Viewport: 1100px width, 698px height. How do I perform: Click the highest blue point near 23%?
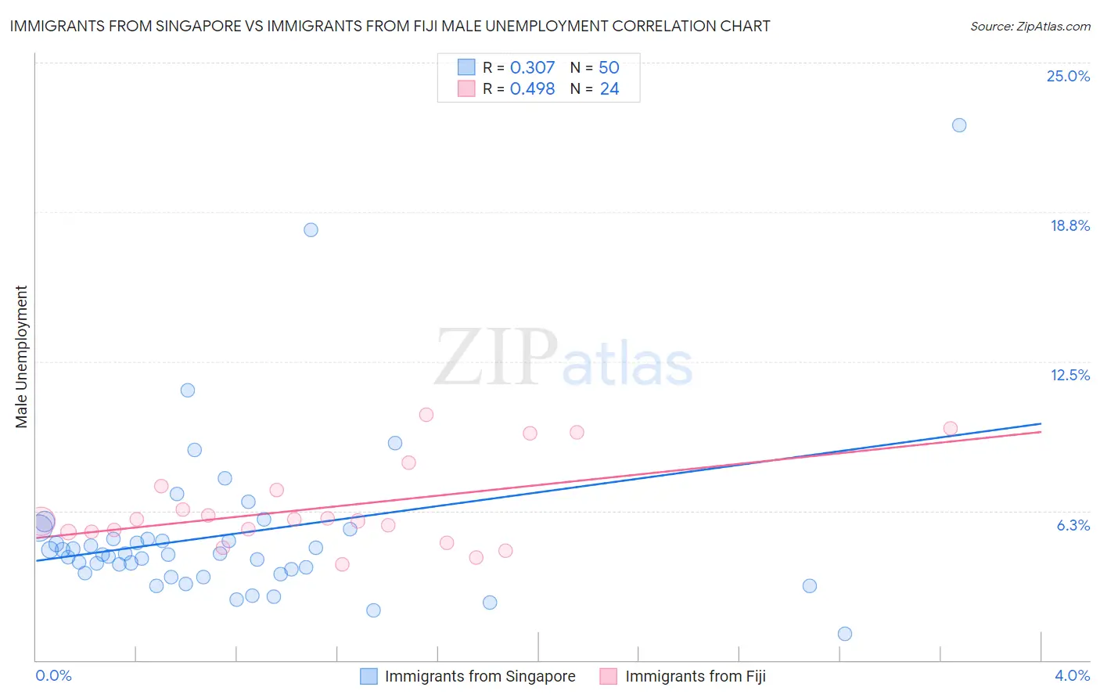pos(959,125)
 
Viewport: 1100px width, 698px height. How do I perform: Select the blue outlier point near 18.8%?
pos(311,230)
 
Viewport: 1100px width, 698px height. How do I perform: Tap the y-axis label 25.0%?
pos(1068,76)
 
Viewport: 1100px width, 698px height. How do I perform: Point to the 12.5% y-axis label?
pos(1069,375)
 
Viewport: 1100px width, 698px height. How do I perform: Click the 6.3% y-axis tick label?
pos(1073,525)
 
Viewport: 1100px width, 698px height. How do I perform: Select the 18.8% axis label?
pos(1069,225)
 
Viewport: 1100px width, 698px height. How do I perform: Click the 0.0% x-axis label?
pos(54,675)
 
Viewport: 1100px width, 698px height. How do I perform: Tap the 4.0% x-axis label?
pos(1072,675)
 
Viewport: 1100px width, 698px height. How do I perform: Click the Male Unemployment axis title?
pos(21,357)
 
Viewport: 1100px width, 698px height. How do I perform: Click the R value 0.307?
pos(532,68)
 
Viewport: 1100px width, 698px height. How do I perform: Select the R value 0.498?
pos(532,89)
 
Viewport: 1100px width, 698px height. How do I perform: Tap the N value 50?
pos(609,68)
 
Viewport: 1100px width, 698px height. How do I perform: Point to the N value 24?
pos(609,89)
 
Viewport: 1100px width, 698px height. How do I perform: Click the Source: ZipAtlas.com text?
pos(1030,27)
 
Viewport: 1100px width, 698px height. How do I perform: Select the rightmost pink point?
pos(951,428)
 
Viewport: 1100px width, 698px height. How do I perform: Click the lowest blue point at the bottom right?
pos(845,634)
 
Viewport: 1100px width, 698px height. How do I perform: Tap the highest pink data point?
pos(426,415)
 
